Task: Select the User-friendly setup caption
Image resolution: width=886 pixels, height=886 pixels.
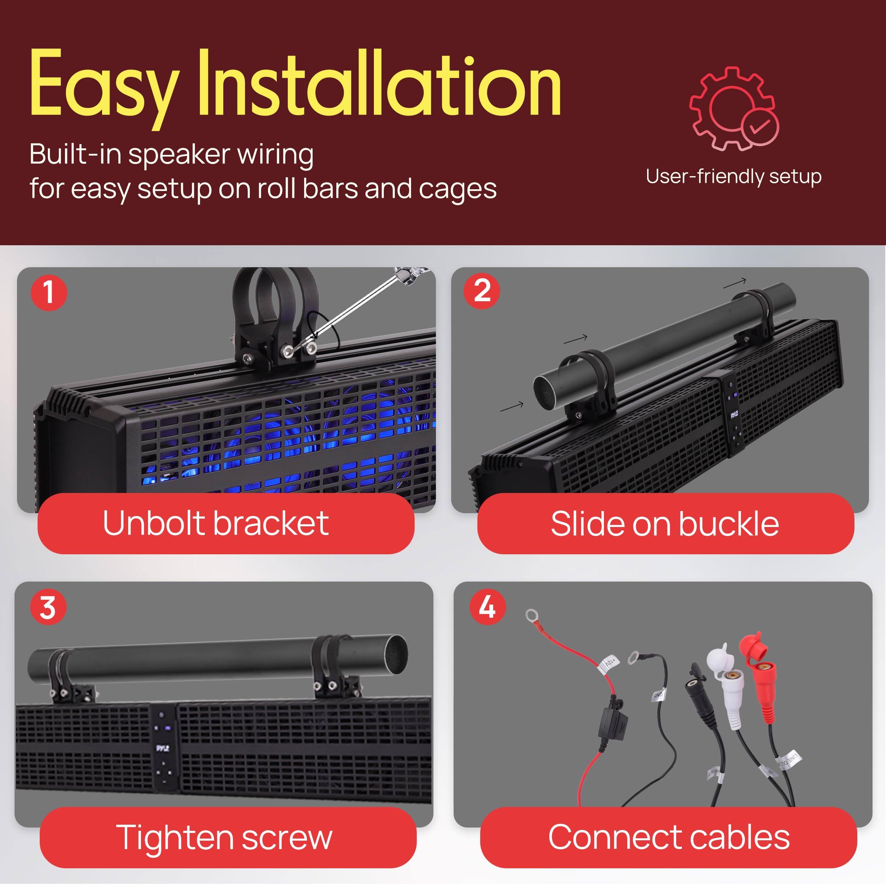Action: pyautogui.click(x=733, y=176)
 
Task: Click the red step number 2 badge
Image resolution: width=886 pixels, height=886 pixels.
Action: pyautogui.click(x=482, y=291)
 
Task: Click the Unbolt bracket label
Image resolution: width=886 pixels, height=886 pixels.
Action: pyautogui.click(x=215, y=523)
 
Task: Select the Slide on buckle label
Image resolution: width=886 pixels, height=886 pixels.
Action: pyautogui.click(x=665, y=524)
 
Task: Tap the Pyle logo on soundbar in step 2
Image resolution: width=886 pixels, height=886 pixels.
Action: pyautogui.click(x=734, y=415)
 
